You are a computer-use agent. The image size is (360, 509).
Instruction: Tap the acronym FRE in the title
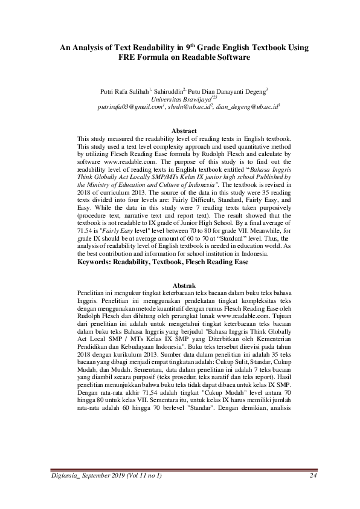tap(128, 57)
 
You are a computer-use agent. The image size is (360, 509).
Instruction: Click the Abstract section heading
tap(184, 131)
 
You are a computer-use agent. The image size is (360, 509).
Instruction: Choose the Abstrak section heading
tap(184, 285)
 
